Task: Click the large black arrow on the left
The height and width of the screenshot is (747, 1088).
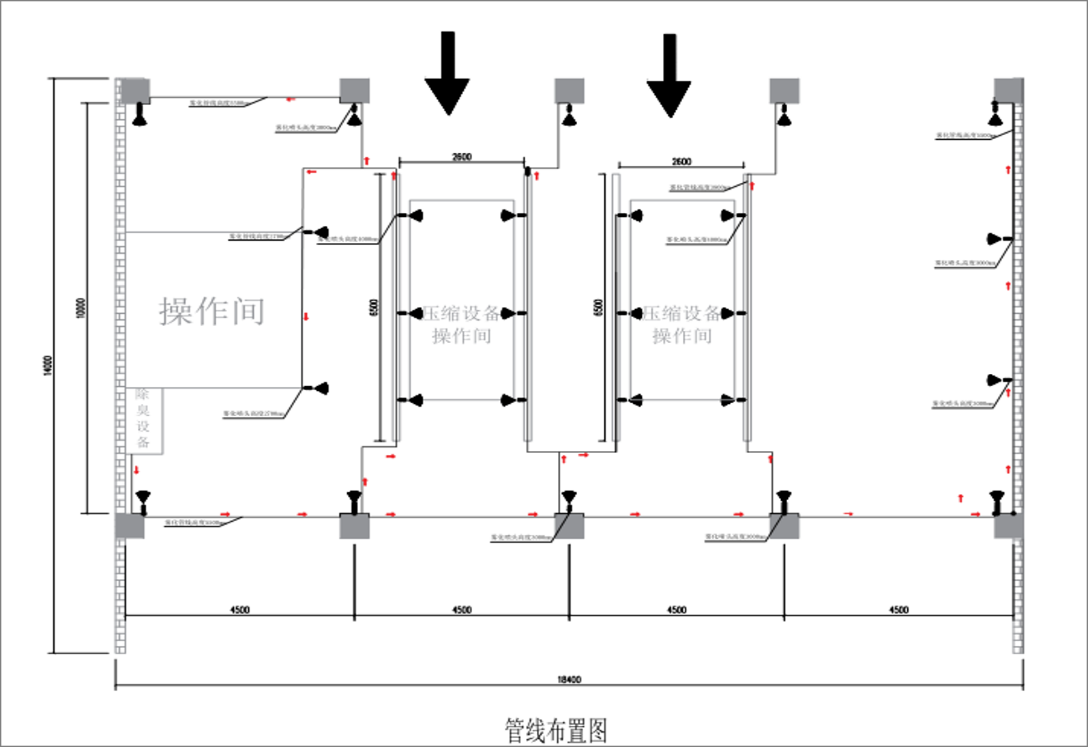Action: [447, 75]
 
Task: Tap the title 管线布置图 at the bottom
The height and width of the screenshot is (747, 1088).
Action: [555, 731]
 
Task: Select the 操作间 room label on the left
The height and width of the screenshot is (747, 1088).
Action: [211, 311]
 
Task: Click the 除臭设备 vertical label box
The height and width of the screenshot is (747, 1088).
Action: [144, 420]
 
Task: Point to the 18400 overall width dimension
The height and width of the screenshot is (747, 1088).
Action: [569, 679]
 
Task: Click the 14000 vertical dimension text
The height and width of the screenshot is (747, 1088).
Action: [47, 365]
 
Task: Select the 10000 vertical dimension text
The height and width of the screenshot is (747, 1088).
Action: [81, 308]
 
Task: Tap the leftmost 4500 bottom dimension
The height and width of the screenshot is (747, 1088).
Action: [239, 610]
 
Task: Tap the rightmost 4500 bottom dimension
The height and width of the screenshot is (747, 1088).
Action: [898, 610]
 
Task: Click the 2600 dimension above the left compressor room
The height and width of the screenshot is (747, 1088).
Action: [462, 157]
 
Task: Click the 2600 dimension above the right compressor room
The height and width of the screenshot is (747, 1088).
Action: [681, 162]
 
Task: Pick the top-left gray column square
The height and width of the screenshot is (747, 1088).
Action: [135, 91]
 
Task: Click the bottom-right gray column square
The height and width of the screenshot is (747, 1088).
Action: [1008, 526]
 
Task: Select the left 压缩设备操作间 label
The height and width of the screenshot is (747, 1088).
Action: [462, 324]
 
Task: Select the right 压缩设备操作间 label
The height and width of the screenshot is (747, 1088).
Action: [682, 324]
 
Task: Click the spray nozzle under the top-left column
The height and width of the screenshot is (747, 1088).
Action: [141, 116]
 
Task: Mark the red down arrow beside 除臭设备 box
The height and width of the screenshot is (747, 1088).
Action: [136, 470]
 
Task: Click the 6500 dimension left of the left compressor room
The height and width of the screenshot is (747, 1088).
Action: [373, 308]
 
